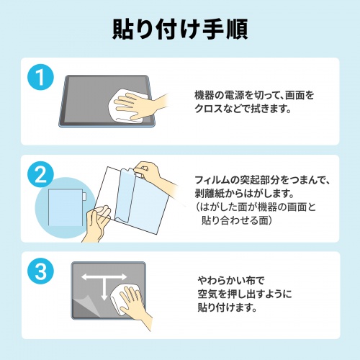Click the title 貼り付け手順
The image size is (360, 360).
tap(180, 29)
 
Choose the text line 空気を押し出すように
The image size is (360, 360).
tap(245, 293)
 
